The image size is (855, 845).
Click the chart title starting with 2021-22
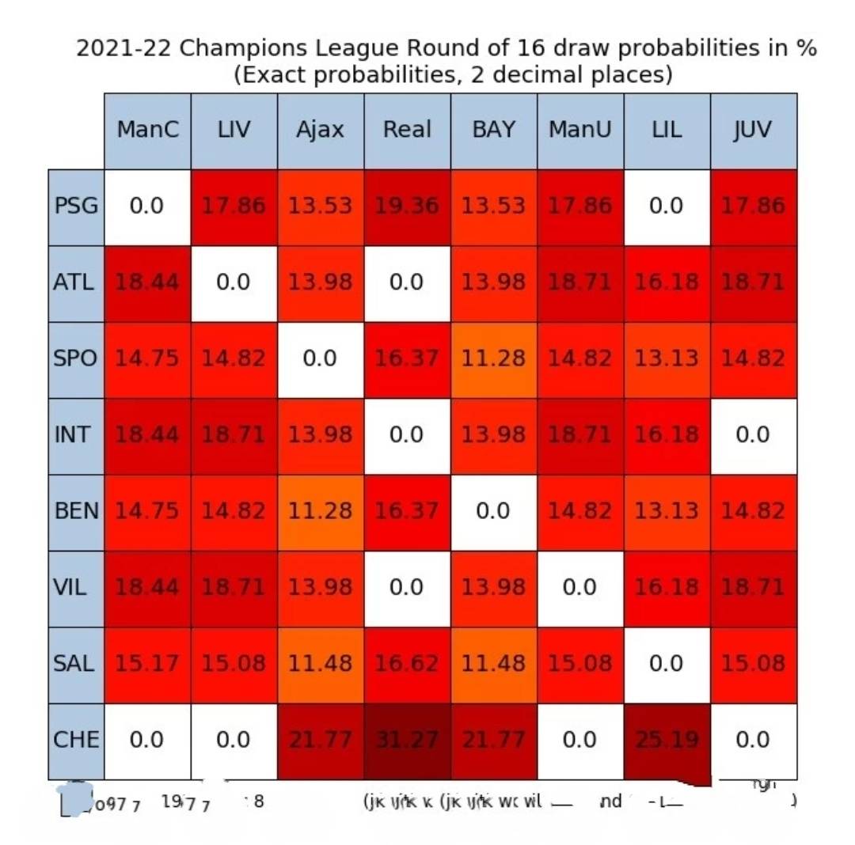446,48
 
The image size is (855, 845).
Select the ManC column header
147,130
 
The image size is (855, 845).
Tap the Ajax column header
320,130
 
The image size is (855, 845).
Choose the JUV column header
753,130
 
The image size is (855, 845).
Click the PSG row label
76,207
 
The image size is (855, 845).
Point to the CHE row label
76,741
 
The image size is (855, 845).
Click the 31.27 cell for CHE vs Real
407,741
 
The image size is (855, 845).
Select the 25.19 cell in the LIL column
667,741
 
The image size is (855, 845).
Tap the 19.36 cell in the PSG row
407,207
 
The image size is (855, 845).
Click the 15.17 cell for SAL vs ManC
147,664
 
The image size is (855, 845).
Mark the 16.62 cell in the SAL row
407,664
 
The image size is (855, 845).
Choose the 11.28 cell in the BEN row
320,511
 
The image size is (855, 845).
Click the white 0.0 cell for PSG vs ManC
147,207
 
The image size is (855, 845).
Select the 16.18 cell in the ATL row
667,282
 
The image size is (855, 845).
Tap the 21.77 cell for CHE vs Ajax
320,741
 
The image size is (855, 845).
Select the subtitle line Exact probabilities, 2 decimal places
453,75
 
